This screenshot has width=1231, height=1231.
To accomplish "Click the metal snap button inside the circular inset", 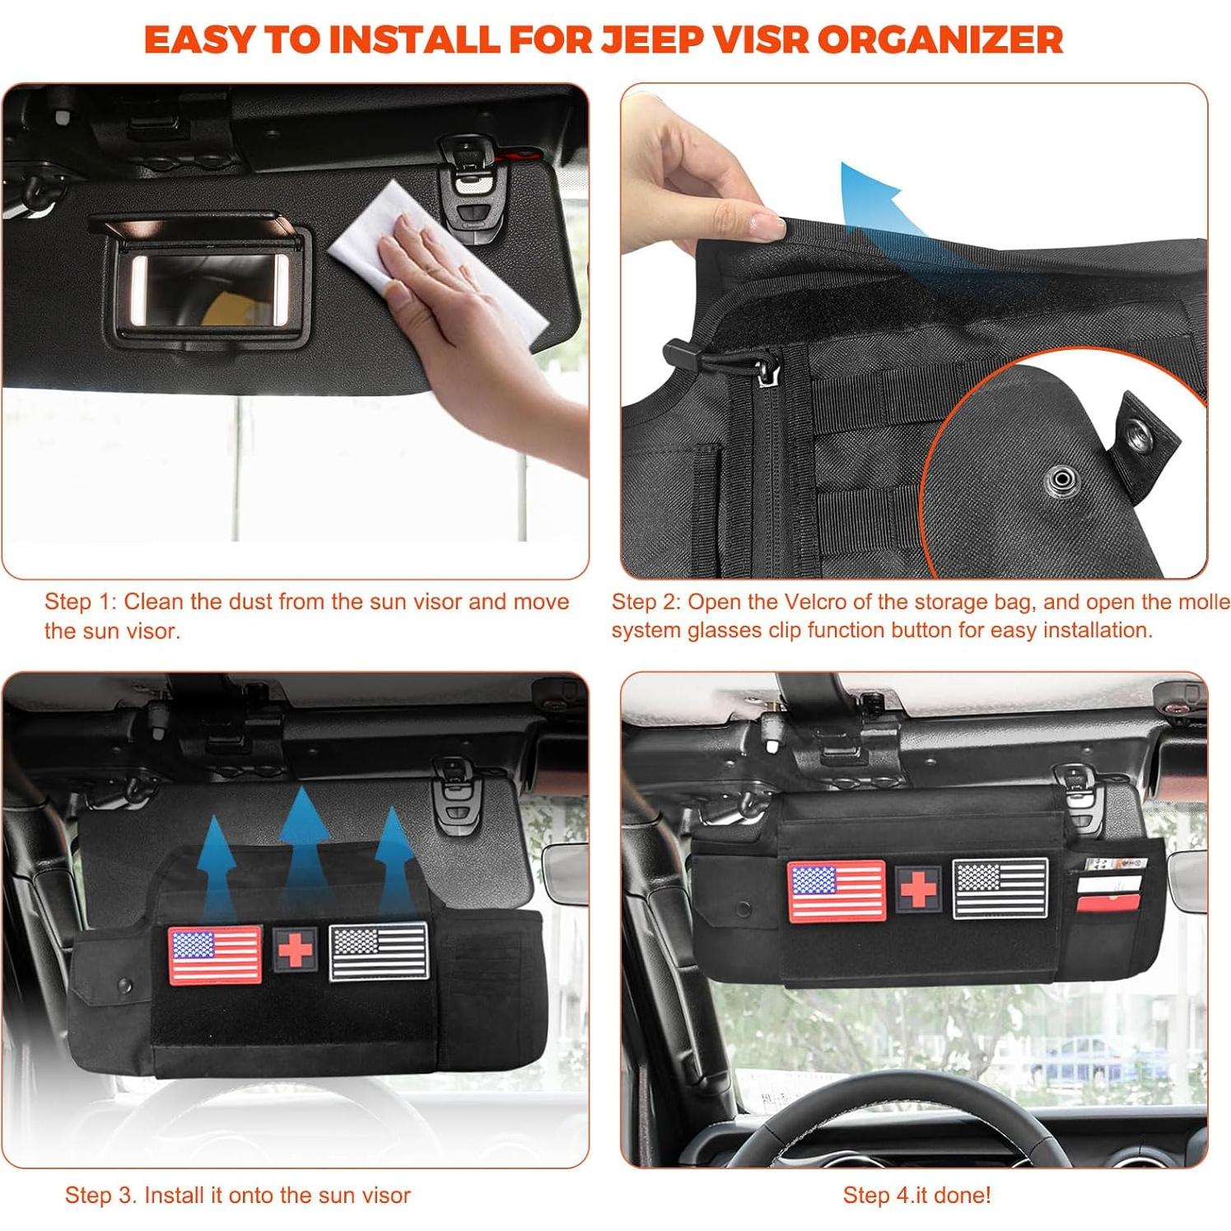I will (1062, 479).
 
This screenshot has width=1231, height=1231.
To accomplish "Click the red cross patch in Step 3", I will (295, 950).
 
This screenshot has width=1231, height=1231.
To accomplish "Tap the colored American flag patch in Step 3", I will (215, 954).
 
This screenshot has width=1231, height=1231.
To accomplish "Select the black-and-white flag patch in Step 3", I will (379, 952).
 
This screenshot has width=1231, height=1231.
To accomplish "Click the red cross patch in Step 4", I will (918, 889).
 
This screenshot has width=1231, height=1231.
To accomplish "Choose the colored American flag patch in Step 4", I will (837, 890).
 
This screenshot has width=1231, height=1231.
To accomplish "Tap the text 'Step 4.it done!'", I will (916, 1195).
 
